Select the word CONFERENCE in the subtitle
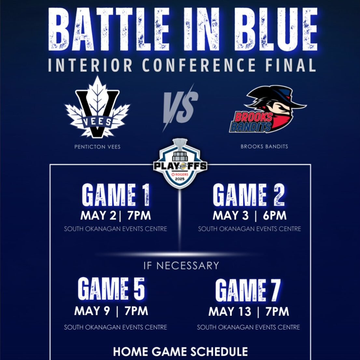tap(199, 65)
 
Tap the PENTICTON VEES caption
tap(97, 147)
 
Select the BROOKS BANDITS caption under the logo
tap(264, 146)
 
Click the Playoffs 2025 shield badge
tap(180, 164)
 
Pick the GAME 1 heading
tap(116, 195)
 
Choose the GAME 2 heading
tap(249, 195)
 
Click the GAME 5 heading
tap(111, 289)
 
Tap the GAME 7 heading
tap(248, 290)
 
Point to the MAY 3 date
tap(230, 215)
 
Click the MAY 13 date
tap(230, 312)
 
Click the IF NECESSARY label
tap(181, 266)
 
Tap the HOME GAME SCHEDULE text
tap(180, 352)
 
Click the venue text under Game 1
tap(116, 229)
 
